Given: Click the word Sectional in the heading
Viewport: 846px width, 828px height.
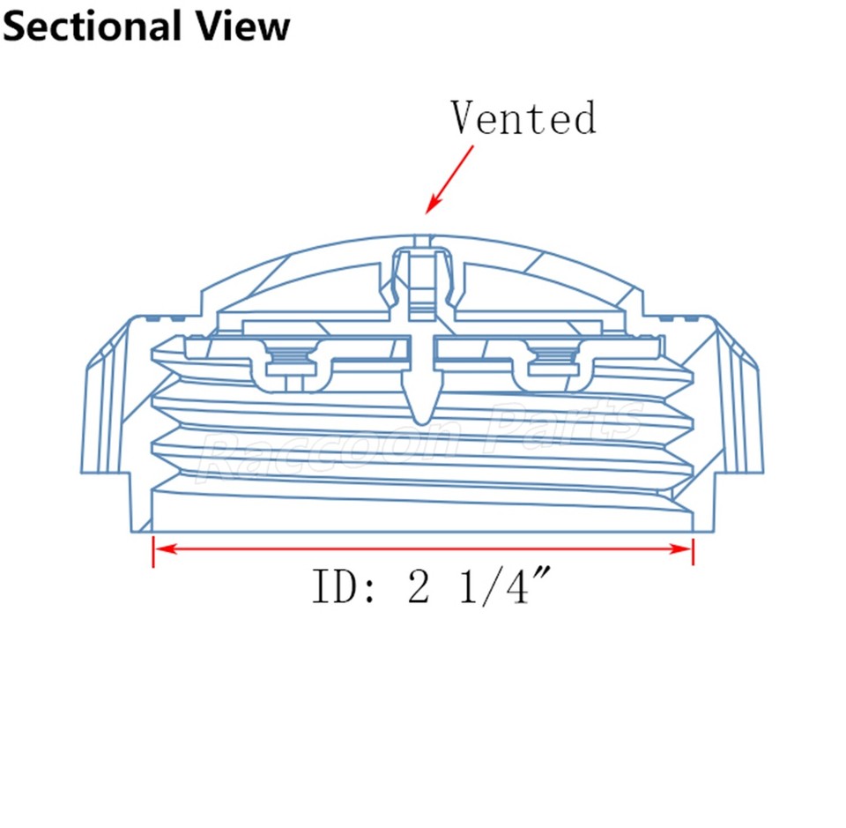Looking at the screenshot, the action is pos(92,26).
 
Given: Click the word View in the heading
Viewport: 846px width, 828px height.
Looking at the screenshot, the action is pos(243,26).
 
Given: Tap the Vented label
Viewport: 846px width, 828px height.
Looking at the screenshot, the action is pos(523,117).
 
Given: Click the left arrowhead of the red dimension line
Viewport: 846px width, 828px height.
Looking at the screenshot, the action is pos(165,549).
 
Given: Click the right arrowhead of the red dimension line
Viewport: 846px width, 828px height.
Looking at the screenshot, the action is pos(681,549).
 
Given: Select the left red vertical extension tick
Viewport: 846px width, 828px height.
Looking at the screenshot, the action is pos(153,551).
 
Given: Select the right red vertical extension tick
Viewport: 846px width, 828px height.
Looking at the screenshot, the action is pos(694,551).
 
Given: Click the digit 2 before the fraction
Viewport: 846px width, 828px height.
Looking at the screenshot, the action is pos(419,586).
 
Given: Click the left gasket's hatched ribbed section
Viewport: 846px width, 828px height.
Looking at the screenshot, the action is pos(292,355).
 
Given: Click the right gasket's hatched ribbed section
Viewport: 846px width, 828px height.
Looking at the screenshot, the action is pos(554,355).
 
